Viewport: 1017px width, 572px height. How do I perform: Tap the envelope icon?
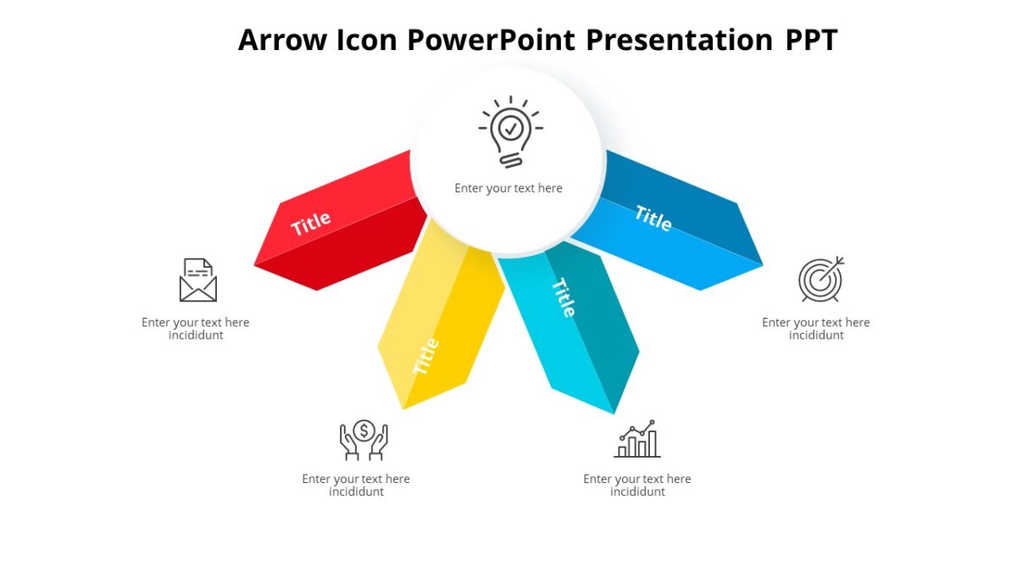(x=198, y=280)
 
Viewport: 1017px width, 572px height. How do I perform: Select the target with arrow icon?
(x=820, y=280)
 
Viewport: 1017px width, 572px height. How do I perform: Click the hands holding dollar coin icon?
(x=364, y=440)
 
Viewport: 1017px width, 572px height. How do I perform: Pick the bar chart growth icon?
(x=637, y=439)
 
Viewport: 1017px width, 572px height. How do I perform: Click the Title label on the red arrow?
(x=311, y=224)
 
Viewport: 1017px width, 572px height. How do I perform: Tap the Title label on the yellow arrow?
(x=425, y=356)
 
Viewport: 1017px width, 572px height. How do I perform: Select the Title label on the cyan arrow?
(x=564, y=297)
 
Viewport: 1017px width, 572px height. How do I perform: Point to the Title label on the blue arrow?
(x=653, y=218)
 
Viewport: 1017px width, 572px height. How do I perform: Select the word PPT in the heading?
(x=809, y=40)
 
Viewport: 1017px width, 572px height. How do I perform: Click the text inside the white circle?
(x=508, y=188)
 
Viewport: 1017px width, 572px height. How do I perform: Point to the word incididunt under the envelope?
(x=196, y=336)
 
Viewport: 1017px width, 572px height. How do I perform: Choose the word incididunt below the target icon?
(x=816, y=336)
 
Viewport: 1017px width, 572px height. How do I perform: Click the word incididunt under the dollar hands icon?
(x=356, y=492)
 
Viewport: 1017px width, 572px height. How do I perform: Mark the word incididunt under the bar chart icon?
(x=637, y=492)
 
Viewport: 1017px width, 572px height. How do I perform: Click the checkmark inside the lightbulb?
(x=510, y=128)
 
